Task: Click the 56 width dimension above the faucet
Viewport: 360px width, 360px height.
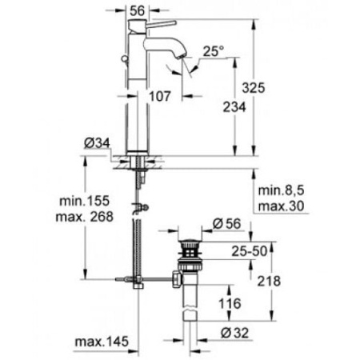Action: [x=139, y=10]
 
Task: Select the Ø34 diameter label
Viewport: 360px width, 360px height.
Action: [x=95, y=143]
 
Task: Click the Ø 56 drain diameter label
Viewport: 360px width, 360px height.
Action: [x=226, y=224]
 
